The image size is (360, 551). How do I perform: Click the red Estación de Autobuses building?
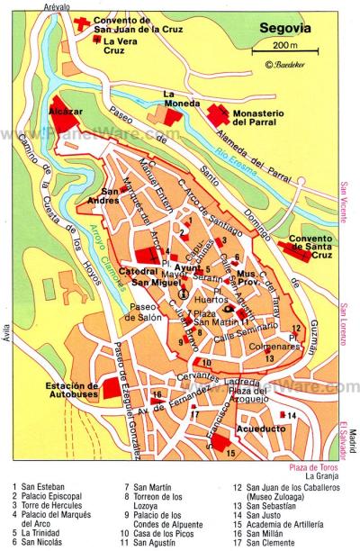coord(112,388)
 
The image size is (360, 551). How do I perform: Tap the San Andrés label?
coord(123,195)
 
